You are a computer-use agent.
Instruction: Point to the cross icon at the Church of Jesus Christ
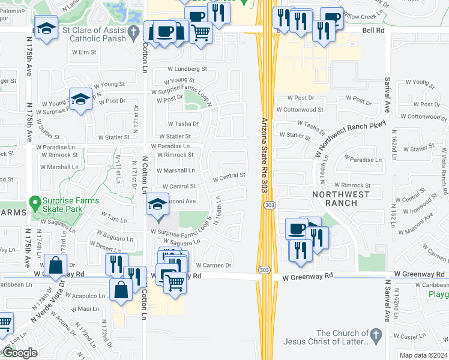pyautogui.click(x=376, y=333)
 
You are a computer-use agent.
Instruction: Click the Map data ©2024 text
pyautogui.click(x=424, y=355)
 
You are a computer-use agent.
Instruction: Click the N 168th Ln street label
pyautogui.click(x=219, y=208)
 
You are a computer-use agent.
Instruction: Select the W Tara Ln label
pyautogui.click(x=114, y=217)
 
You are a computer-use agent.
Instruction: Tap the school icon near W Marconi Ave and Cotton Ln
pyautogui.click(x=158, y=206)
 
